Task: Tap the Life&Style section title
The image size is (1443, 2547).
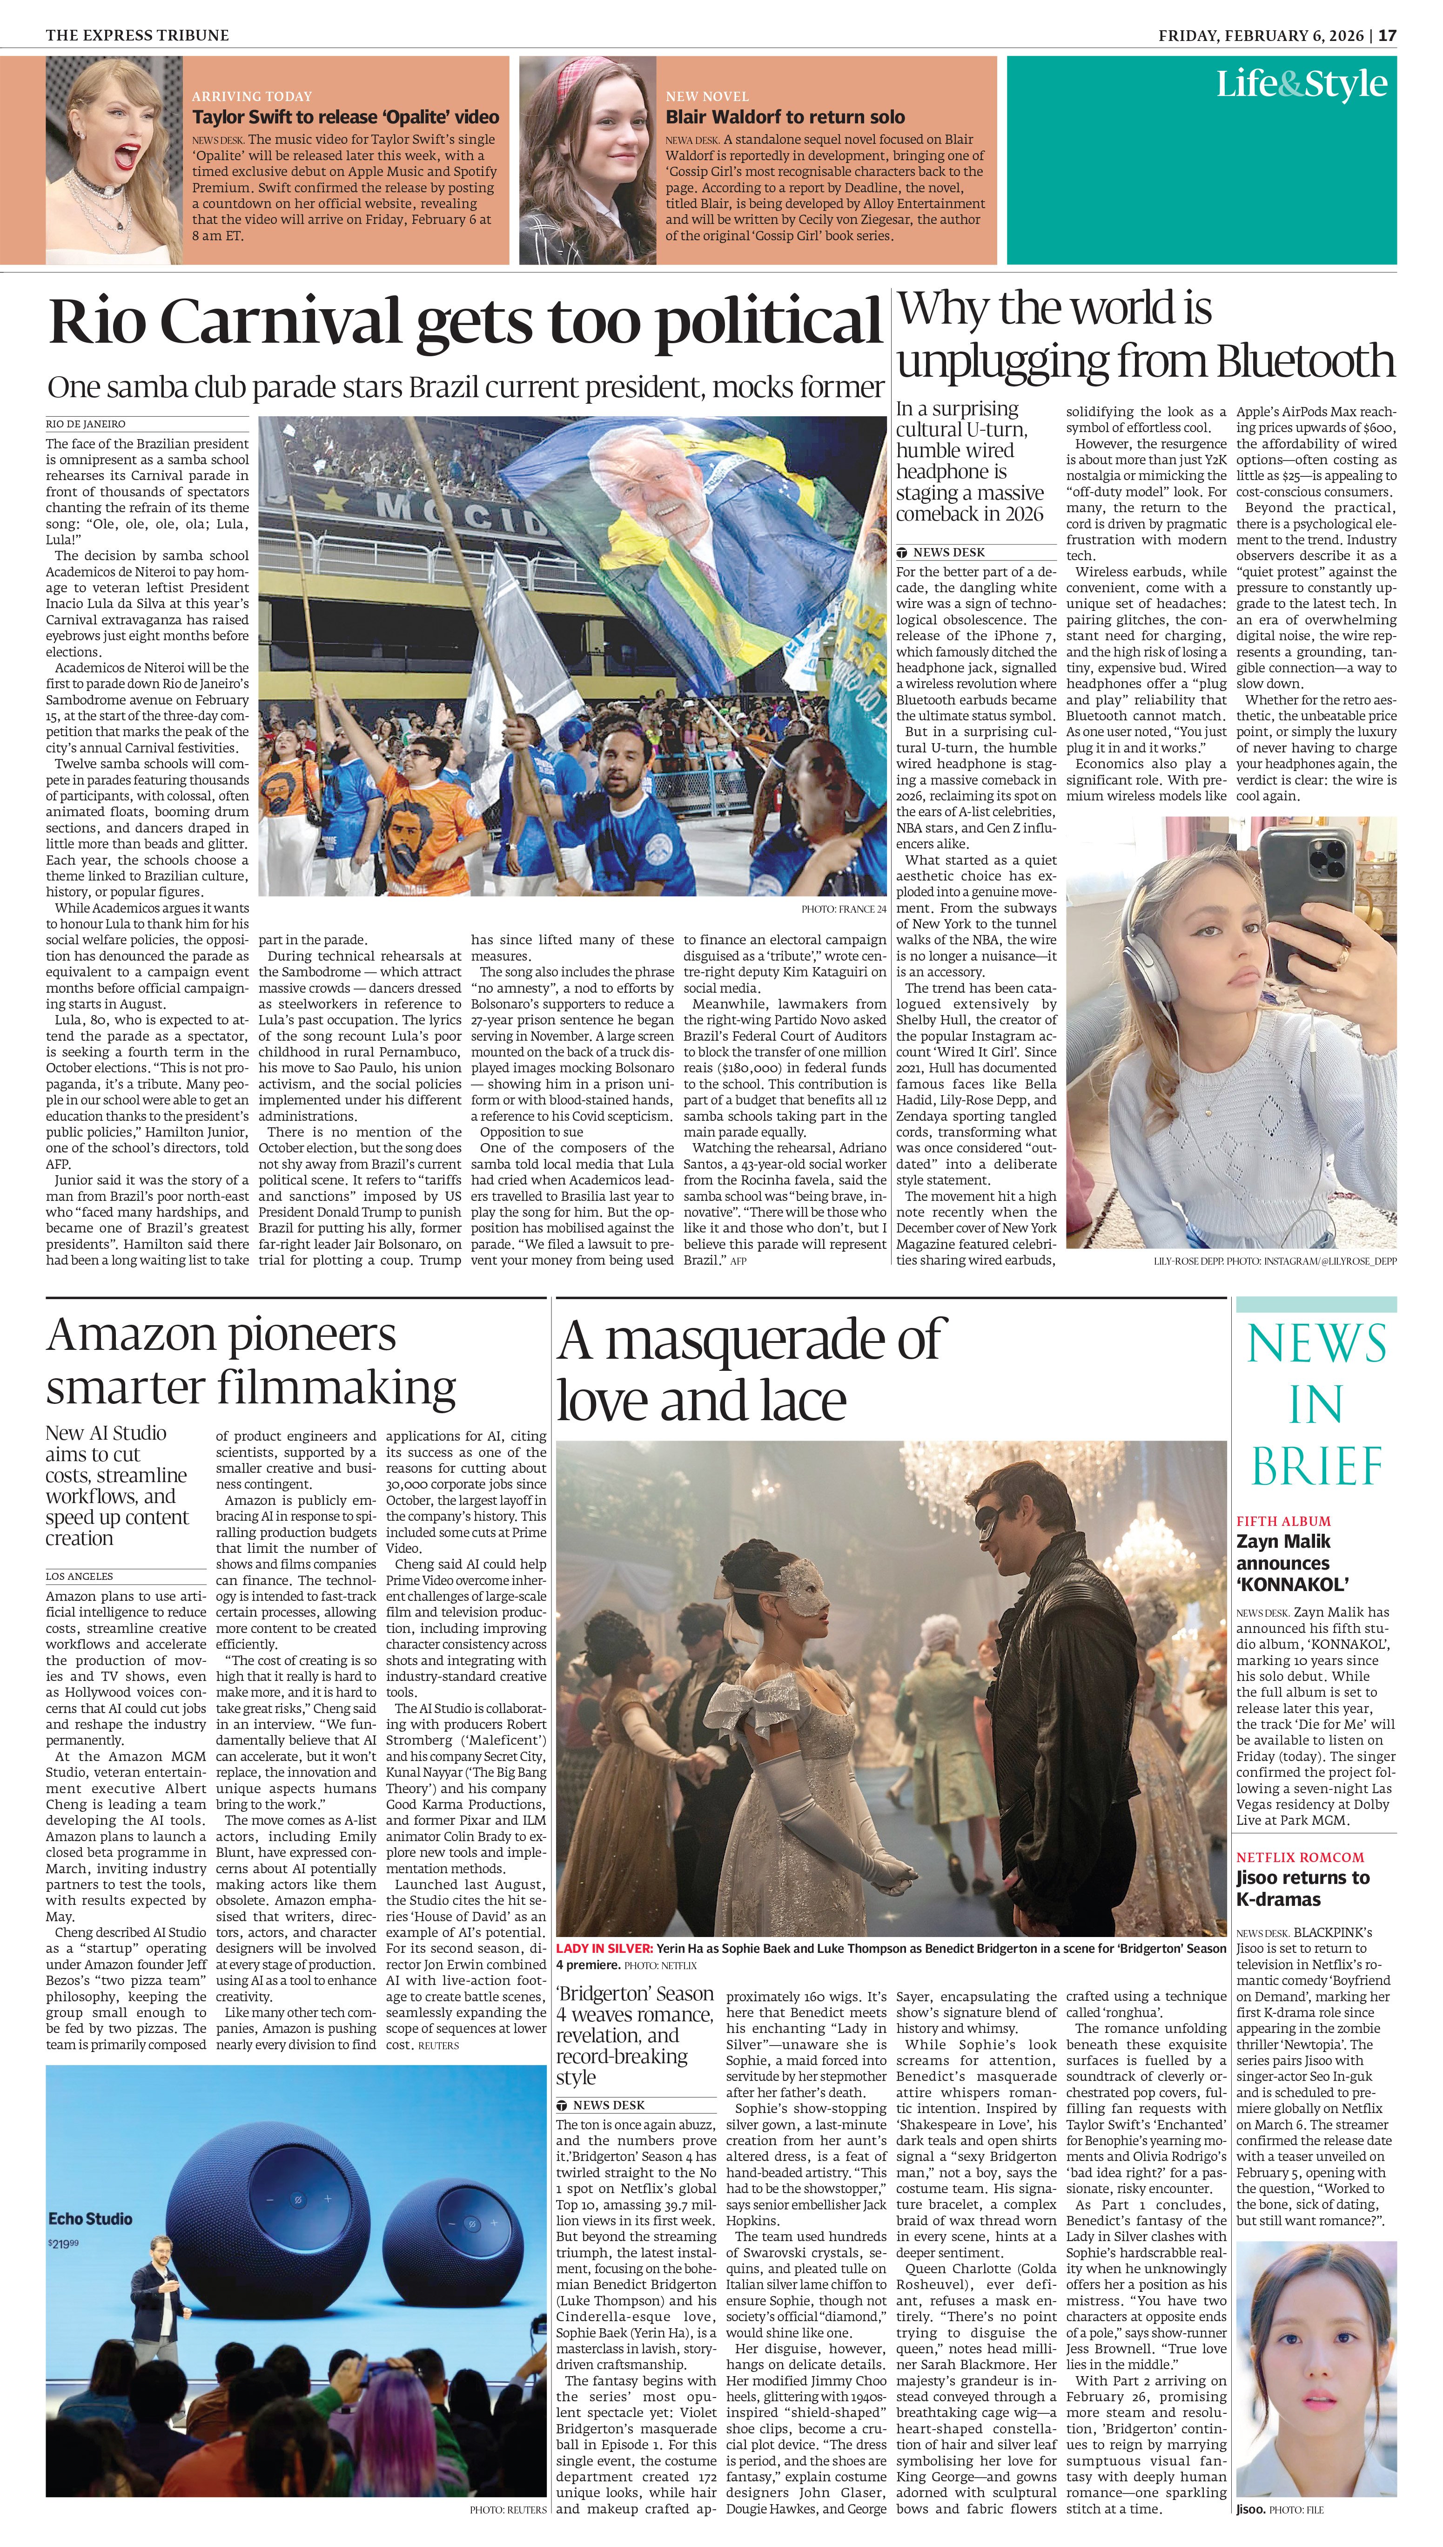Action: click(x=1301, y=84)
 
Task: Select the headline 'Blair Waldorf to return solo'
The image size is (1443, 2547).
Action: click(x=785, y=117)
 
